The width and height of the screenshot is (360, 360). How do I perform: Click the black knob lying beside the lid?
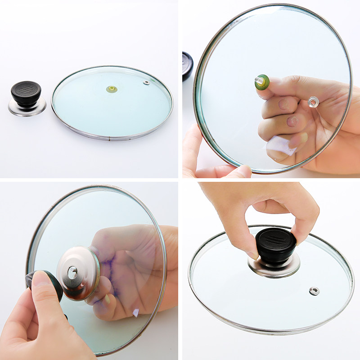(x=26, y=92)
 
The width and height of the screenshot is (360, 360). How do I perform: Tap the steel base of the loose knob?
(x=27, y=108)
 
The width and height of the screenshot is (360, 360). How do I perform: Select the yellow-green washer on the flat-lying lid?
(x=112, y=89)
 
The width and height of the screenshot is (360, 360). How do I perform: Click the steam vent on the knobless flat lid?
(x=146, y=82)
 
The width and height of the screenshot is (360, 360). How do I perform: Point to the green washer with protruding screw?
(x=262, y=82)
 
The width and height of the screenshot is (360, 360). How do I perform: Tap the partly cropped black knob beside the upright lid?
(x=187, y=66)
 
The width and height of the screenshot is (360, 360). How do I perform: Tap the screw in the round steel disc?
(x=72, y=271)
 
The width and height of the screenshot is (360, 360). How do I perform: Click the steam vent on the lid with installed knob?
(x=315, y=291)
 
